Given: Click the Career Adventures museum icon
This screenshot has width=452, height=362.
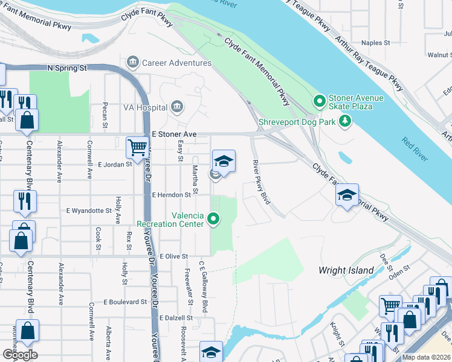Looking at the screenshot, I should click(132, 63).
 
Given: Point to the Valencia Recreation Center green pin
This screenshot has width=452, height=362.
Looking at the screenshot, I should click(213, 219).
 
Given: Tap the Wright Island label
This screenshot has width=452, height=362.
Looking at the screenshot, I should click(346, 270).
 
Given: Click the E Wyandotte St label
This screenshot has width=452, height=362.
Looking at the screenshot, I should click(89, 211).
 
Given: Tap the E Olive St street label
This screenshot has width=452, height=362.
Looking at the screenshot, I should click(174, 256).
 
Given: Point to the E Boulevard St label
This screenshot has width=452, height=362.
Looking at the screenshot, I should click(125, 302).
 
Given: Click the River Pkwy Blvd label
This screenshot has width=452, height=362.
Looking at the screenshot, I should click(259, 181).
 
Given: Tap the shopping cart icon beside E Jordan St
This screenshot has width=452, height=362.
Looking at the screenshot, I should click(137, 147).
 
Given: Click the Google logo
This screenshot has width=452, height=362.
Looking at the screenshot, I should click(20, 354).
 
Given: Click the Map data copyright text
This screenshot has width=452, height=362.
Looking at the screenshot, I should click(427, 357).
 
